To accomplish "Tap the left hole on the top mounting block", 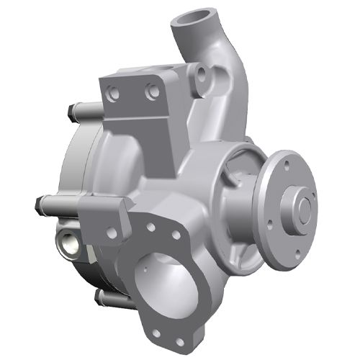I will tap(112, 93).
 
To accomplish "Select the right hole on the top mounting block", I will tap(150, 92).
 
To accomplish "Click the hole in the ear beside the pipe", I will tap(202, 74).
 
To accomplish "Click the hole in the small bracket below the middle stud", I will tap(111, 233).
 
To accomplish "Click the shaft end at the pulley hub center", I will tap(305, 210).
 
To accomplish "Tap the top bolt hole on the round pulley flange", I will tap(287, 165).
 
